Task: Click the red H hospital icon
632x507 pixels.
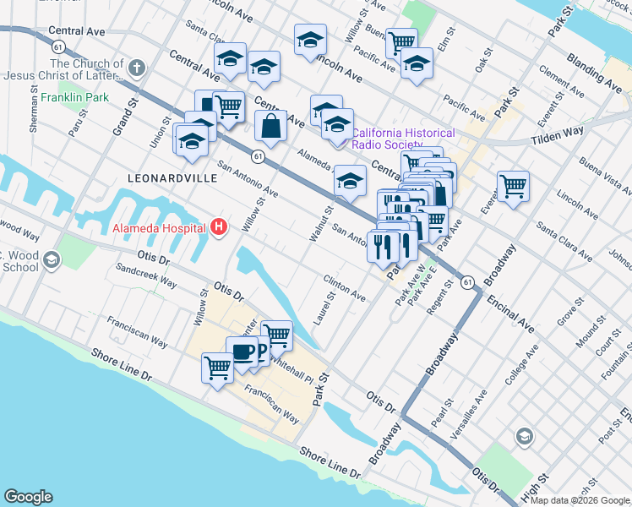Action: (x=220, y=227)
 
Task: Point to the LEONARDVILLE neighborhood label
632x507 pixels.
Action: (x=166, y=179)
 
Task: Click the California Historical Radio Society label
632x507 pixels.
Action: (x=403, y=139)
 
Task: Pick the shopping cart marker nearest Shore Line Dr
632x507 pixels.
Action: (x=218, y=368)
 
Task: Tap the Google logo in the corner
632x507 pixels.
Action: (x=28, y=497)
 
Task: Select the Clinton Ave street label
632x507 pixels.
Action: (x=344, y=287)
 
